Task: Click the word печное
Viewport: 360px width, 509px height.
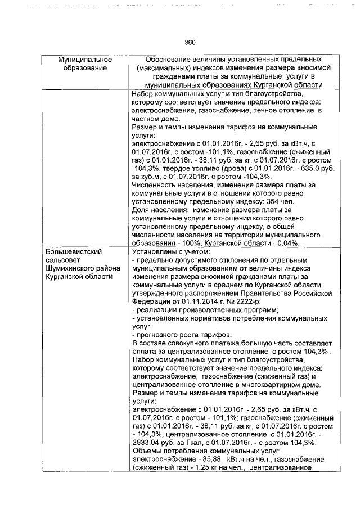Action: [253, 111]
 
